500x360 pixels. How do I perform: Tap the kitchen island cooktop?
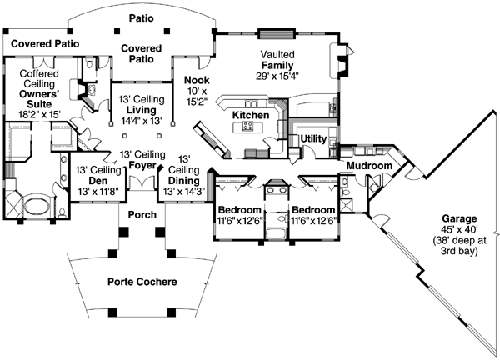point(247,127)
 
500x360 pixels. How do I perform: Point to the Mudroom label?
point(369,166)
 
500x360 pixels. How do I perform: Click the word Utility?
point(313,138)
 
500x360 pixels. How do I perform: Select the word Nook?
point(197,81)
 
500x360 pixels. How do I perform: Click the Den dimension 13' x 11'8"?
point(99,192)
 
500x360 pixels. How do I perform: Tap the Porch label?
point(142,215)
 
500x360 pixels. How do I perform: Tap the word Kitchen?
point(248,115)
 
